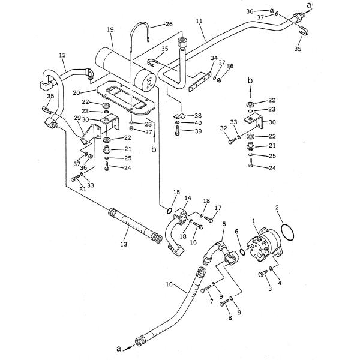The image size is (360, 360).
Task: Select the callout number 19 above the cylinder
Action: [x=110, y=29]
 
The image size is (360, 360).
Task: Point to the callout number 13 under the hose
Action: [x=124, y=244]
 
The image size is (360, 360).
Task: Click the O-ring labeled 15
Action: [x=169, y=211]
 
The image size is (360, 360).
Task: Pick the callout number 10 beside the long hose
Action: [x=169, y=284]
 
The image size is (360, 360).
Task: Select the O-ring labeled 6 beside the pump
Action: [x=242, y=251]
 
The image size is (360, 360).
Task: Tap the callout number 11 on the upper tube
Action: [x=199, y=21]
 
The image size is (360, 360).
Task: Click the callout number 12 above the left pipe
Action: [x=62, y=55]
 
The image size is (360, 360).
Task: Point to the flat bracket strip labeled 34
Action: [x=199, y=82]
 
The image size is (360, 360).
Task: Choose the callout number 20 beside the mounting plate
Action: [x=76, y=93]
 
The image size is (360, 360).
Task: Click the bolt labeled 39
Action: [x=177, y=131]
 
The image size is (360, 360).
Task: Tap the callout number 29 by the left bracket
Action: [x=77, y=118]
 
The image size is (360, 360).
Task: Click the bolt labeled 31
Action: [x=76, y=178]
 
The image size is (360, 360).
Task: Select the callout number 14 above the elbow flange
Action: [x=188, y=198]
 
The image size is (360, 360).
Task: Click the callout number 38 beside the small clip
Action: [x=197, y=115]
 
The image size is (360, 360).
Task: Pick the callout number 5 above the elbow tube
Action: [x=224, y=224]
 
